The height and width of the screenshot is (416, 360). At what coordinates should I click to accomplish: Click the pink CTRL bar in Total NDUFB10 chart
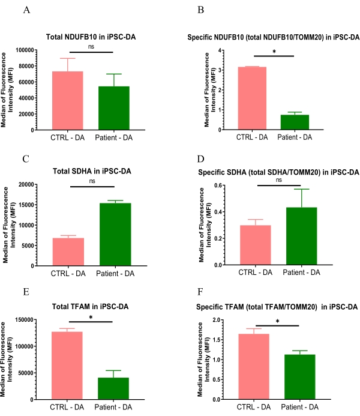pos(67,100)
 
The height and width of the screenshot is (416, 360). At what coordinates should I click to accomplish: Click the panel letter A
pos(26,11)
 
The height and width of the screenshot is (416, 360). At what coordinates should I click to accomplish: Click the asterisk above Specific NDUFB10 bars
pos(274,52)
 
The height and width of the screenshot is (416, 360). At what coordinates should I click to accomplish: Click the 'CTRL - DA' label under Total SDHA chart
pos(67,274)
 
